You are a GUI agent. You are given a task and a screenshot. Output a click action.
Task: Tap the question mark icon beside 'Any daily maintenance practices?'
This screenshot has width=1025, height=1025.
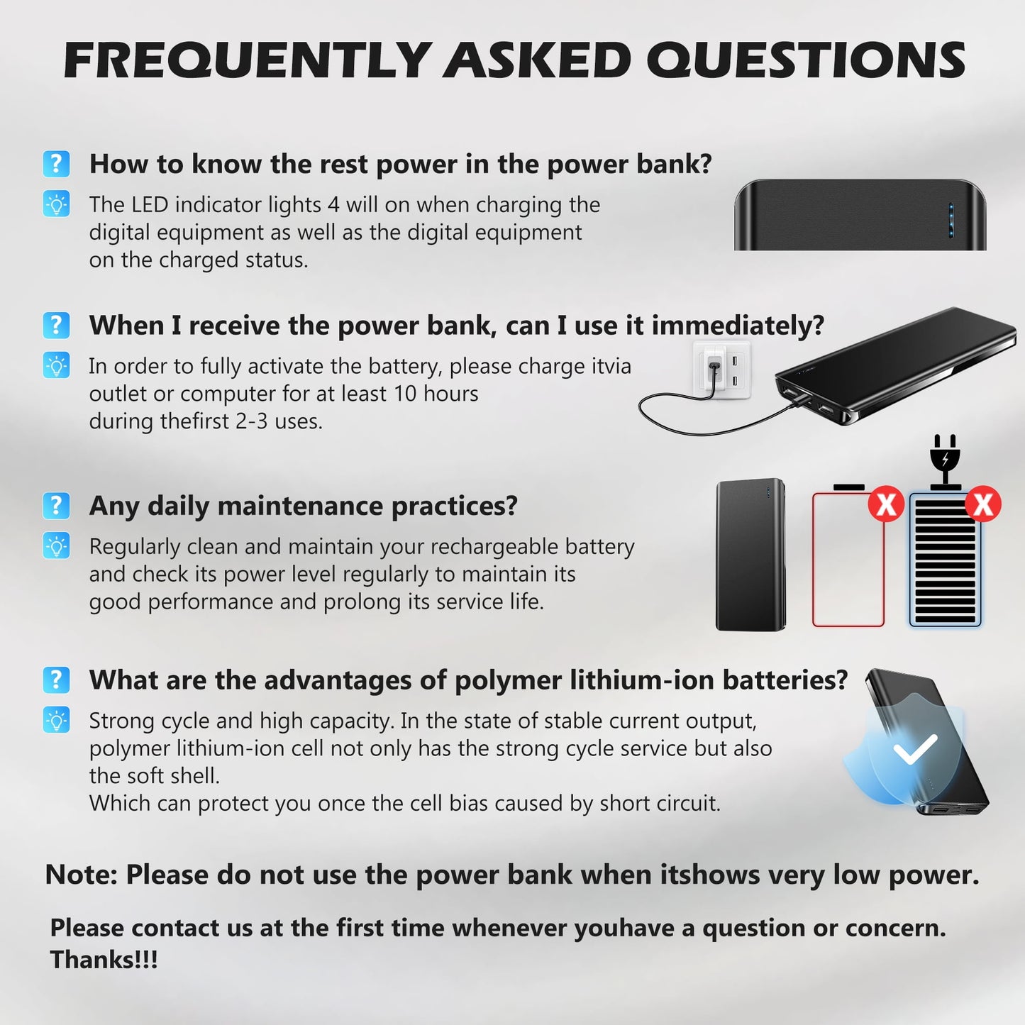[x=56, y=506]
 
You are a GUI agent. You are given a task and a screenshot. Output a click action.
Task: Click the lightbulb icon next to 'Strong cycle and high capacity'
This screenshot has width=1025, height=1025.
[x=56, y=720]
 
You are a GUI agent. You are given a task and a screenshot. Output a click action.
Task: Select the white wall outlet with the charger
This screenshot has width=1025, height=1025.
[x=721, y=370]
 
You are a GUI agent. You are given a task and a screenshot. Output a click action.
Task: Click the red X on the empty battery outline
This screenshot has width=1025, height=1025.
[x=886, y=504]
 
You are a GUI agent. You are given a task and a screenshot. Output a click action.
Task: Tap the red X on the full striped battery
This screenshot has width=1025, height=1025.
[x=983, y=504]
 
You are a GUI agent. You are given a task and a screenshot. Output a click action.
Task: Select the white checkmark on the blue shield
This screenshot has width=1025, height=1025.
[x=915, y=749]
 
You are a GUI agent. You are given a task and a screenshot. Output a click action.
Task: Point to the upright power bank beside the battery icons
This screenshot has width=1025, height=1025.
[x=750, y=555]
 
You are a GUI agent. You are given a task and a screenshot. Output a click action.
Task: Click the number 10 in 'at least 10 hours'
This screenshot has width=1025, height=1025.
[x=405, y=394]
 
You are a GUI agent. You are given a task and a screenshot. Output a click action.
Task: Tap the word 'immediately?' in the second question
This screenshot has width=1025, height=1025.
[x=738, y=326]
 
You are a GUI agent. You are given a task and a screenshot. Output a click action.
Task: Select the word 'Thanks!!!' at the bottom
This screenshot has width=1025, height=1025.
[x=104, y=960]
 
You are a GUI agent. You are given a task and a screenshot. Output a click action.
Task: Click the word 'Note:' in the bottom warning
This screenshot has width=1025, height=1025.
[x=81, y=875]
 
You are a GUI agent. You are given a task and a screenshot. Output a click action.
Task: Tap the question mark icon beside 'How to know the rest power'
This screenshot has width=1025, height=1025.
[x=56, y=164]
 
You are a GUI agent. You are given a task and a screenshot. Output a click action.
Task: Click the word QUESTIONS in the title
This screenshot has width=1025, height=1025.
[x=805, y=60]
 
